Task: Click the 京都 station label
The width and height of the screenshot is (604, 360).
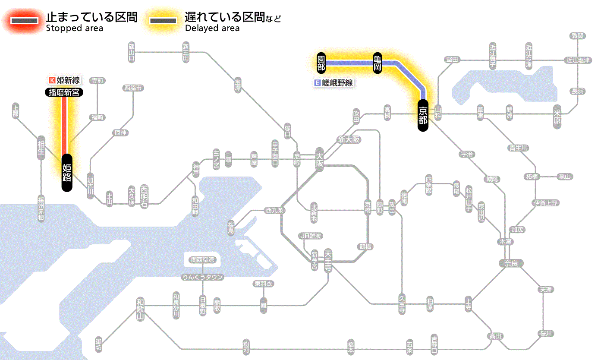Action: click(x=423, y=115)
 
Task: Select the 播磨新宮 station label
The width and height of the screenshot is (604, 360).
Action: click(x=64, y=92)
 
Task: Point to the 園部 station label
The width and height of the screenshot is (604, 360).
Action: click(x=321, y=63)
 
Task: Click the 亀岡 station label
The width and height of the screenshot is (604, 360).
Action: click(x=378, y=63)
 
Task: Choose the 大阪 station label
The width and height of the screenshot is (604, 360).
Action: click(x=319, y=160)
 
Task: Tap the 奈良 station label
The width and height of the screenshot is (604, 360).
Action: click(x=510, y=263)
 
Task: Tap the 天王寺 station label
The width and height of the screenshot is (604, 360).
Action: click(x=328, y=259)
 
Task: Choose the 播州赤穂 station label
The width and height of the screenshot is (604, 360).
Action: click(x=41, y=208)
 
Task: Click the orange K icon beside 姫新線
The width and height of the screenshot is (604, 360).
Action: click(x=52, y=80)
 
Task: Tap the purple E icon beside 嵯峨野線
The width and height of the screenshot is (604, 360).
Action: click(x=318, y=83)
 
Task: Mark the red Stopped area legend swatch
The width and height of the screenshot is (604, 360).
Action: click(x=27, y=21)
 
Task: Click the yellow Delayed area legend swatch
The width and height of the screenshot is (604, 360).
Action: click(x=163, y=21)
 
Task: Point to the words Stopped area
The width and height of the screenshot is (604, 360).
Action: click(x=74, y=28)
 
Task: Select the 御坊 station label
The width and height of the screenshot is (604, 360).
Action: click(x=99, y=344)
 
